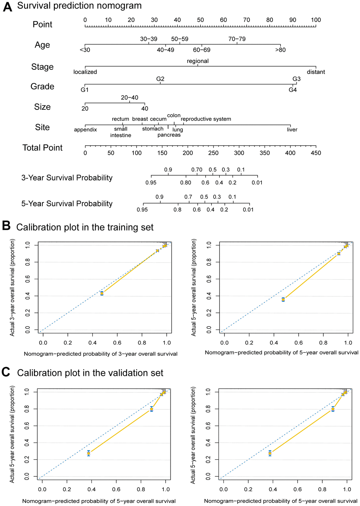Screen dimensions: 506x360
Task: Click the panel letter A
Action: click(7, 7)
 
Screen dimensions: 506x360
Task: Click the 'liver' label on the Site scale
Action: click(292, 130)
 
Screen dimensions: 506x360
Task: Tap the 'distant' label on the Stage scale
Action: click(316, 72)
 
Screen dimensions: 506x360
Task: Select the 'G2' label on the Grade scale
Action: click(160, 79)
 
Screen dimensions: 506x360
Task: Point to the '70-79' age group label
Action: click(237, 39)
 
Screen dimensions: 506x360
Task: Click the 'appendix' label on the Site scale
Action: click(85, 130)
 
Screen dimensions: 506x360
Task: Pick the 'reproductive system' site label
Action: click(206, 119)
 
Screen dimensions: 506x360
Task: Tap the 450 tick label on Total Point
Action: click(316, 153)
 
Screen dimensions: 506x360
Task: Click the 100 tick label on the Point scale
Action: click(316, 20)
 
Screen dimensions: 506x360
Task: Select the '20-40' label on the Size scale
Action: click(130, 98)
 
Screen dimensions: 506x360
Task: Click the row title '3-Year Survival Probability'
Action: click(67, 178)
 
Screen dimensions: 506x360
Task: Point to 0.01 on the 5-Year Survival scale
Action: click(248, 210)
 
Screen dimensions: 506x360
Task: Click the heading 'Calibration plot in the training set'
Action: click(85, 227)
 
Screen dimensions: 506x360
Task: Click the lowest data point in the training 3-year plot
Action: click(102, 293)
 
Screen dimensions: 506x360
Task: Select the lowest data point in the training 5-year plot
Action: click(283, 299)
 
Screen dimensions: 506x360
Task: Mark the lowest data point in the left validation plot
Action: click(89, 453)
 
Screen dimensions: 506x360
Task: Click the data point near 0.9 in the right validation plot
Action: click(332, 409)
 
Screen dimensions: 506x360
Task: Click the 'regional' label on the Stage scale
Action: click(198, 61)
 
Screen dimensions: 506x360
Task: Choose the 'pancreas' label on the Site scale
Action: click(169, 135)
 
